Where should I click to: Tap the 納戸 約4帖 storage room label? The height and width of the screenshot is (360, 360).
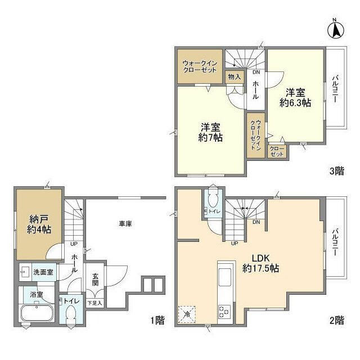[39, 224]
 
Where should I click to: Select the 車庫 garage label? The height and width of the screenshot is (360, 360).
[125, 224]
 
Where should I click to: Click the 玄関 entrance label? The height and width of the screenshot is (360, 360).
[96, 280]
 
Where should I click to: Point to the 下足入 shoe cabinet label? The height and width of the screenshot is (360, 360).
[95, 303]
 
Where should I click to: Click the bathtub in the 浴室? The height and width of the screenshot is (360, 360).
[37, 313]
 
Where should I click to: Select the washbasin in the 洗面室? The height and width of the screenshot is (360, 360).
[25, 272]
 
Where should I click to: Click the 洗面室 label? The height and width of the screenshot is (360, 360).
[43, 272]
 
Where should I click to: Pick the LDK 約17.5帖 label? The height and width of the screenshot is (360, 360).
[261, 263]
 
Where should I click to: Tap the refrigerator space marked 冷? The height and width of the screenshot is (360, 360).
[187, 314]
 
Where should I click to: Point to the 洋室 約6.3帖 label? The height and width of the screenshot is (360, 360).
[295, 97]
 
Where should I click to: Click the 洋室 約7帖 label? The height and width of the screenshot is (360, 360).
[210, 132]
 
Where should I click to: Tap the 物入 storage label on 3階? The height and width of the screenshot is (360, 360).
[235, 77]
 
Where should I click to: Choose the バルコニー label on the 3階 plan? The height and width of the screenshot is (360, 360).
[335, 89]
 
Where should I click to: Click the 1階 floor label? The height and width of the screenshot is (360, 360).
[157, 320]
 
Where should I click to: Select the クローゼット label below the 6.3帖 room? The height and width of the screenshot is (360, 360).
[277, 151]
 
